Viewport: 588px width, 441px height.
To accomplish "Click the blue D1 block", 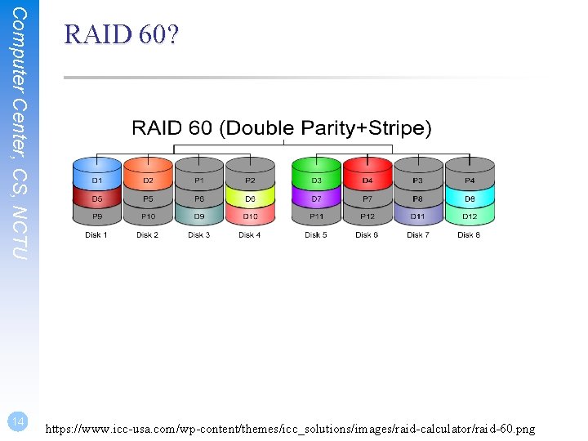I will [96, 180].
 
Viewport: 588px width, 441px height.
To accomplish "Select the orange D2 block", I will [148, 180].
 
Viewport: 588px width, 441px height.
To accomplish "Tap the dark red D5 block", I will [96, 198].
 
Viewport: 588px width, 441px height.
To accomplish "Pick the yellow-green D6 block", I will [249, 198].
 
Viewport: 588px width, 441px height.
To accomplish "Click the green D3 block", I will [316, 180].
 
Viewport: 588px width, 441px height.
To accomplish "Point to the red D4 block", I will [367, 180].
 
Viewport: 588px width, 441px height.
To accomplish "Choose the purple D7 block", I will [316, 198].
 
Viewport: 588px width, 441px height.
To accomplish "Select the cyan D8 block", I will [470, 198].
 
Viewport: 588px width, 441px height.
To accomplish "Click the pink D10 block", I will [249, 216].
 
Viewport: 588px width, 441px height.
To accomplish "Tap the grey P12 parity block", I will [367, 216].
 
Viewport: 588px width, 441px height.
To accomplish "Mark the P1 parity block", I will [198, 180].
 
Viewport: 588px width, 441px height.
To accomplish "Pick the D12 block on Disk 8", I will [470, 216].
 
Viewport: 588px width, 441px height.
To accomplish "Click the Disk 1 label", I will [96, 235].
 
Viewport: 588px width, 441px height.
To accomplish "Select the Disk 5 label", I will [316, 235].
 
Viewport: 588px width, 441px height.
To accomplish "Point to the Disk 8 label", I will [470, 235].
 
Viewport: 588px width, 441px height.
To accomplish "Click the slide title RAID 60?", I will [122, 35].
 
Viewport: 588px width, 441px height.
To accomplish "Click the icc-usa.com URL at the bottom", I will [291, 427].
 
